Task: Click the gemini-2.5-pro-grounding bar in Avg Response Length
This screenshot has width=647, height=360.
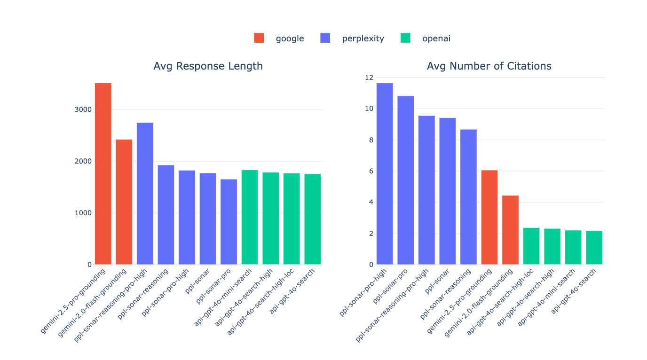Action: click(x=103, y=174)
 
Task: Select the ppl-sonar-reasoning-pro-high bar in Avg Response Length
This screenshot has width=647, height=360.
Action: click(x=145, y=194)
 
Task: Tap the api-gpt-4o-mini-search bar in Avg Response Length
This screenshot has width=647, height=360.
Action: click(x=250, y=217)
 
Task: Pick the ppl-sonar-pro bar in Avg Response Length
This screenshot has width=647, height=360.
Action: click(x=229, y=222)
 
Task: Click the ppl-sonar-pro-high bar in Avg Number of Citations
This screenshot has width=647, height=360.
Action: click(x=385, y=174)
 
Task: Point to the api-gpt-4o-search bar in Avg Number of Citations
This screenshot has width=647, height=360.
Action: click(x=594, y=248)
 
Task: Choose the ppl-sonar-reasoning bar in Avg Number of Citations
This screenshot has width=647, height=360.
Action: click(x=468, y=197)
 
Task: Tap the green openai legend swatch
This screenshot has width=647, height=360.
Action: click(x=405, y=38)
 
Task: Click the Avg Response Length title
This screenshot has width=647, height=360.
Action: click(x=208, y=66)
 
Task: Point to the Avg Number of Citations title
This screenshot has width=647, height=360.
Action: click(x=489, y=66)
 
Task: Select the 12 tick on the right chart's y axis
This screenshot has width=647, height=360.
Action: click(x=368, y=78)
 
